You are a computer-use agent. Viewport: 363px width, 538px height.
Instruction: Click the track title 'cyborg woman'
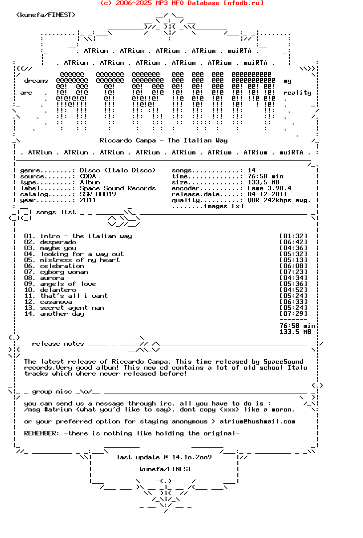pos(64,272)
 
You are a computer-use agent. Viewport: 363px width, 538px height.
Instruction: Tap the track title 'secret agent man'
pos(72,308)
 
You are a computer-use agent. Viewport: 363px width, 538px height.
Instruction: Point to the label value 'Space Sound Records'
pos(118,188)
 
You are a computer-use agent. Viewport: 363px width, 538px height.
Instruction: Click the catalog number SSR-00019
pos(98,194)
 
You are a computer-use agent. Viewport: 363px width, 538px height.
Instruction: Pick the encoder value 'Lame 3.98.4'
pos(269,188)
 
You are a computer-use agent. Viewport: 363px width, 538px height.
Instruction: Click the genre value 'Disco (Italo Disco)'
pos(118,170)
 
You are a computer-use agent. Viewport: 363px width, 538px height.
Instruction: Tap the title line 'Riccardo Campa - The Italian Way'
pos(164,140)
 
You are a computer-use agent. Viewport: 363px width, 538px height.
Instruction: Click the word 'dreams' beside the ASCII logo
pos(36,81)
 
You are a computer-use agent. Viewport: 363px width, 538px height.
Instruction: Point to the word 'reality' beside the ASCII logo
pos(297,93)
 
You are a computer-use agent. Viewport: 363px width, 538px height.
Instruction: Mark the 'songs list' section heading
pos(56,212)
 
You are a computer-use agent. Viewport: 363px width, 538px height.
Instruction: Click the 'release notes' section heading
pos(58,344)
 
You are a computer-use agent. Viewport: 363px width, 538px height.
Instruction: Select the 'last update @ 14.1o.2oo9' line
pos(164,457)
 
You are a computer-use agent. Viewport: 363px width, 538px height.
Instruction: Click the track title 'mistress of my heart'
pos(80,260)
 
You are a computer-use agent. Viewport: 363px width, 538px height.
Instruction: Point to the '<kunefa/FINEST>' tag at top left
pos(46,15)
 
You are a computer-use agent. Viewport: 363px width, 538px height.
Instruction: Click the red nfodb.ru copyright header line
pos(182,3)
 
